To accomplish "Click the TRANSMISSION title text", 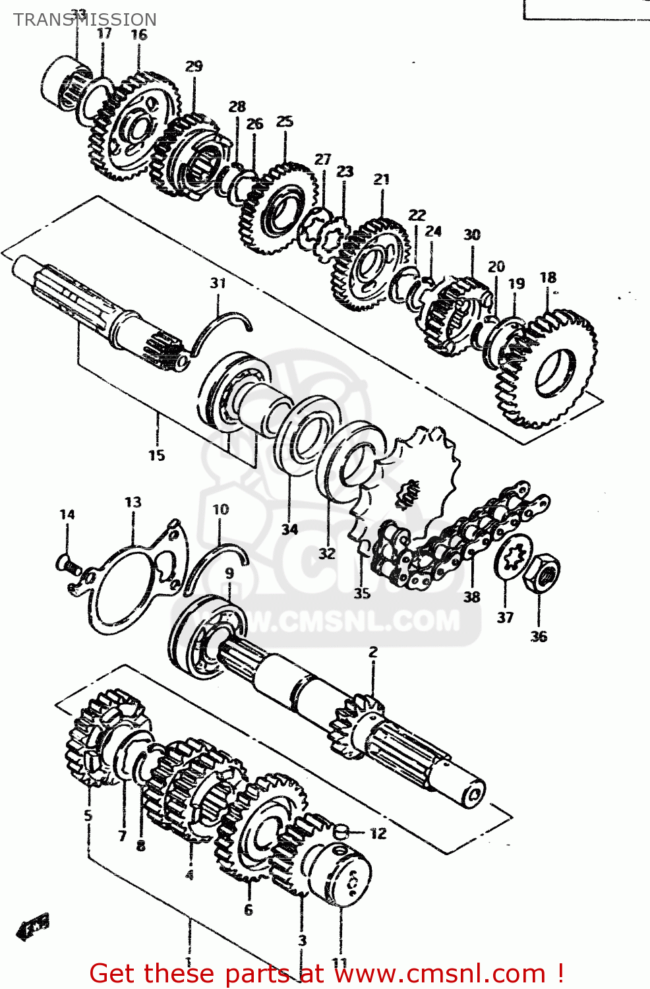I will pos(85,20).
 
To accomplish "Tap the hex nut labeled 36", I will pos(542,574).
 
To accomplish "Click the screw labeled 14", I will pos(67,564).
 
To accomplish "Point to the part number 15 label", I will pos(156,455).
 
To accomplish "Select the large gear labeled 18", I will pos(547,369).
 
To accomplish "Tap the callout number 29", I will pos(194,66).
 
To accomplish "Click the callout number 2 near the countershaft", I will pos(373,652).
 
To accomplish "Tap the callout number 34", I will pos(289,529).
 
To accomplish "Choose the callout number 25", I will pos(284,121).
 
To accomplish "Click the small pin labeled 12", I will pos(341,832).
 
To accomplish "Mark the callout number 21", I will pos(382,179).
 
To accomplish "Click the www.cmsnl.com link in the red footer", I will pos(422,973).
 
